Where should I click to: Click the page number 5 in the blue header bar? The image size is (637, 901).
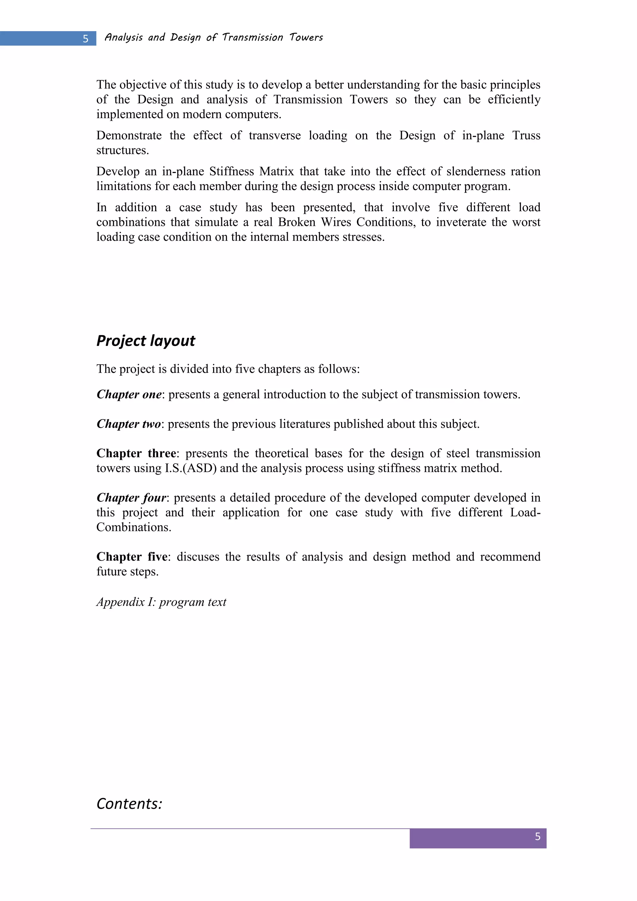(86, 39)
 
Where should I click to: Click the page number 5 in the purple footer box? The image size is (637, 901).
(537, 836)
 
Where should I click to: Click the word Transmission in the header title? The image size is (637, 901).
(252, 37)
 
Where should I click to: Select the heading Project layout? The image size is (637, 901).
(146, 341)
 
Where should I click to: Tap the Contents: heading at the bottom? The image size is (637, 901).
(129, 804)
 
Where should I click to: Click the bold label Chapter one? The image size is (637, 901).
(129, 394)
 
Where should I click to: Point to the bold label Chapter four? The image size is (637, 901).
(131, 497)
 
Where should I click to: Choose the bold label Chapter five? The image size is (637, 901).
(132, 557)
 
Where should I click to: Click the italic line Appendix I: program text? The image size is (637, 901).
(161, 602)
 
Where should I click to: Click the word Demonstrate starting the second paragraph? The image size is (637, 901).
(129, 135)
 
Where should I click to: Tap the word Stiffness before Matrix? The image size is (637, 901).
(230, 171)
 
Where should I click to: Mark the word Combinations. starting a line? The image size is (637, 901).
(134, 527)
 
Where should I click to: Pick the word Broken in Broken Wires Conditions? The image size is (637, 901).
(296, 222)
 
